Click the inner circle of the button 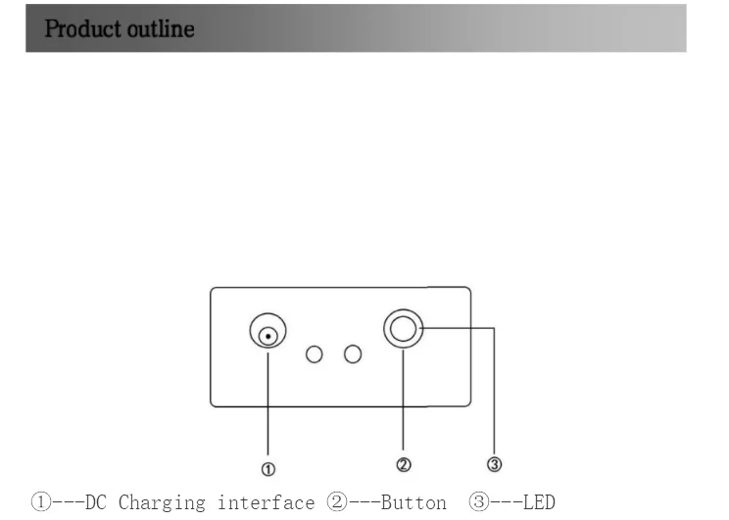[x=403, y=330]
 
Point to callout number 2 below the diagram [x=404, y=464]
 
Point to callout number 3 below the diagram [x=495, y=463]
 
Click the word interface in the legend [x=267, y=503]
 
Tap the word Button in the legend [x=414, y=503]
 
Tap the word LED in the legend [x=539, y=503]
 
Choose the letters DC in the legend [x=96, y=503]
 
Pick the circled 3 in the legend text [x=479, y=503]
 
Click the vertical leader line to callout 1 [x=268, y=402]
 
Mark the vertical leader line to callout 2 [x=404, y=402]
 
